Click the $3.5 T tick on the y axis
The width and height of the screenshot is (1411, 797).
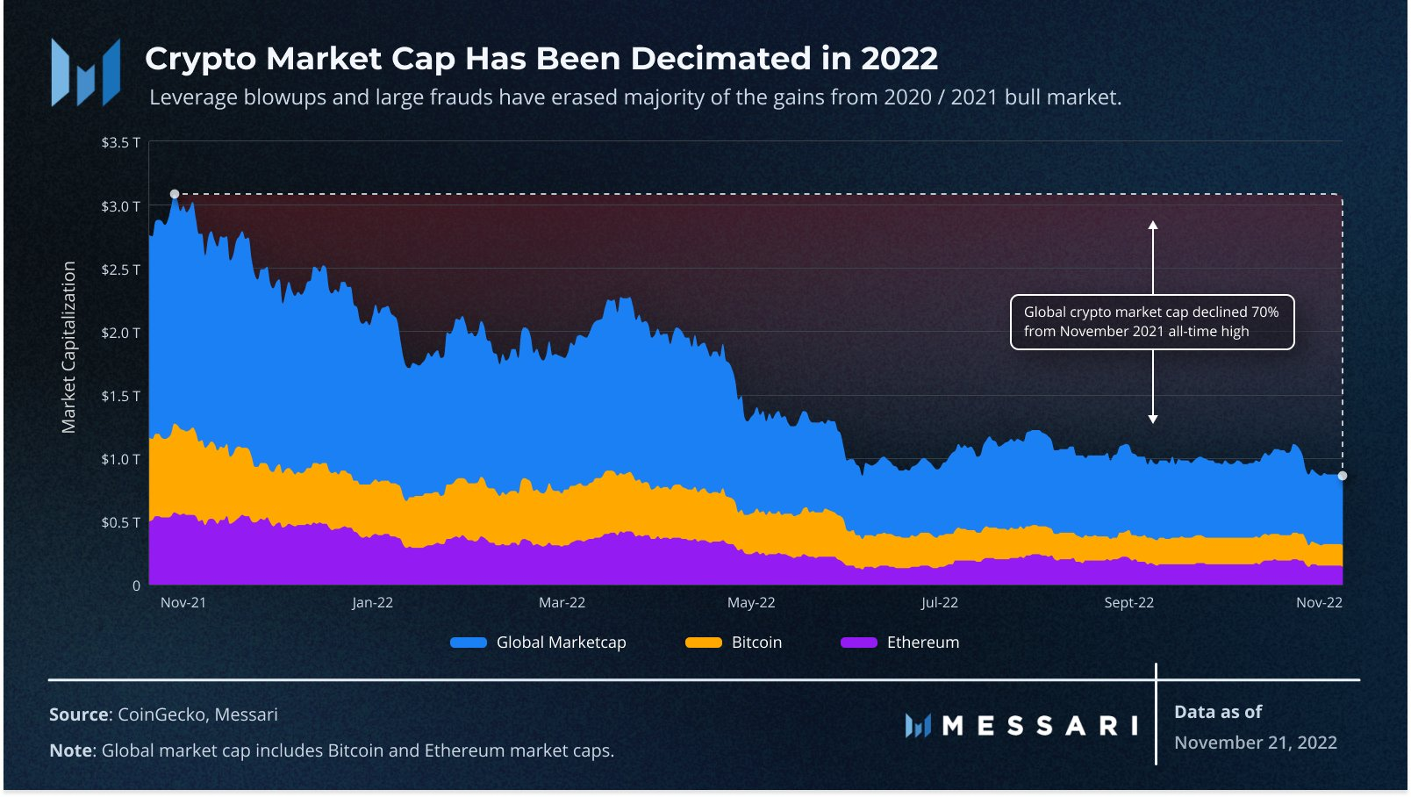coord(120,142)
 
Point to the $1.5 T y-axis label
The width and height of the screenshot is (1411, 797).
coord(120,396)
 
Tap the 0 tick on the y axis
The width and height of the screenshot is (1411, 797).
coord(136,585)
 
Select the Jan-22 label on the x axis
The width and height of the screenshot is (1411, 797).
coord(372,603)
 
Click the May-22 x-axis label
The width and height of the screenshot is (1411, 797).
coord(751,603)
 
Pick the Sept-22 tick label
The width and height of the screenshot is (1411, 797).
coord(1128,603)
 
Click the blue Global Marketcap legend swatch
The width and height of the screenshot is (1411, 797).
coord(469,643)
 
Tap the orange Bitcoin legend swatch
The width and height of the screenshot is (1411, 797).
coord(703,643)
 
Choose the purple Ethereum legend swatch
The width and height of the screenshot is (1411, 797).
coord(858,643)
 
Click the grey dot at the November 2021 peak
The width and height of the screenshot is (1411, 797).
coord(175,194)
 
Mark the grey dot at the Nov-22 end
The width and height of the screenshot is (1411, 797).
coord(1343,476)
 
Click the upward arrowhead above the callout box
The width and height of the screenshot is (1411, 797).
coord(1153,226)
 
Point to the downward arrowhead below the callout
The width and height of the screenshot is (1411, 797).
coord(1153,419)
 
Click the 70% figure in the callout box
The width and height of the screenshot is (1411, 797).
coord(1264,312)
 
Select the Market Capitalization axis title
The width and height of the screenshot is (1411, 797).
coord(68,347)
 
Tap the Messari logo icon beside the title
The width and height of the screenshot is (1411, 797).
coord(85,72)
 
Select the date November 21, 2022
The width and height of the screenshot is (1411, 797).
coord(1256,743)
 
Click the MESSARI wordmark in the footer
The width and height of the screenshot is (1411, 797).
coord(1040,726)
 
